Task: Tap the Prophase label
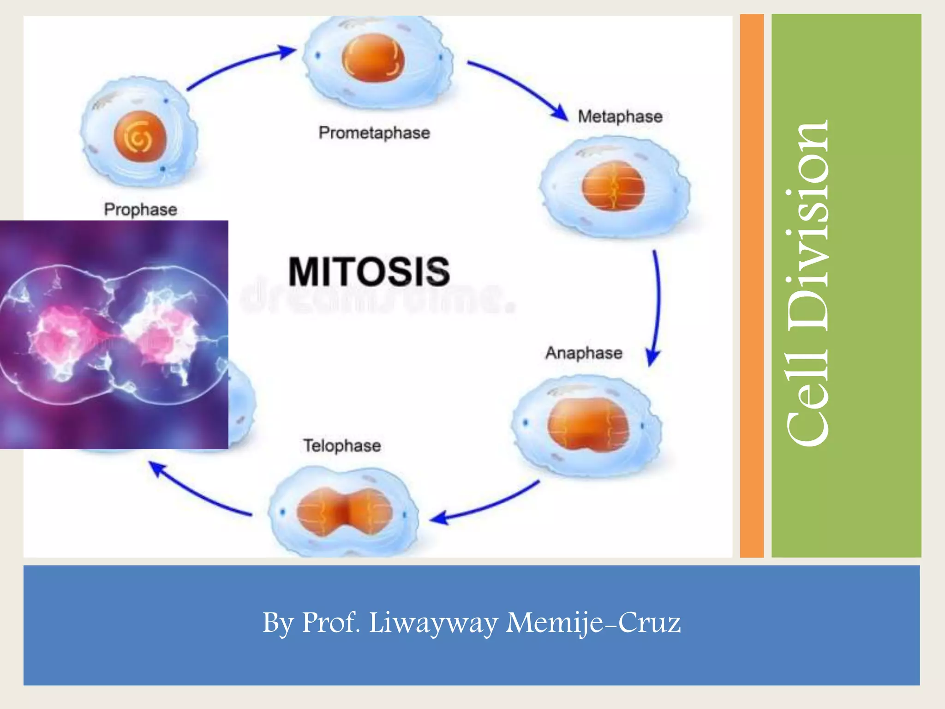coord(140,210)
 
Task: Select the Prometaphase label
coord(374,133)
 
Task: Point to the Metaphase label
coord(620,116)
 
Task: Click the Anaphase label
coord(584,353)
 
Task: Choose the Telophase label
coord(342,446)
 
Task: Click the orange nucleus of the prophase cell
coord(140,137)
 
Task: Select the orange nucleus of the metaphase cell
coord(613,186)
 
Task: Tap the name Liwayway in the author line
coord(433,623)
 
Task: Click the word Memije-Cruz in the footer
coord(593,623)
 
